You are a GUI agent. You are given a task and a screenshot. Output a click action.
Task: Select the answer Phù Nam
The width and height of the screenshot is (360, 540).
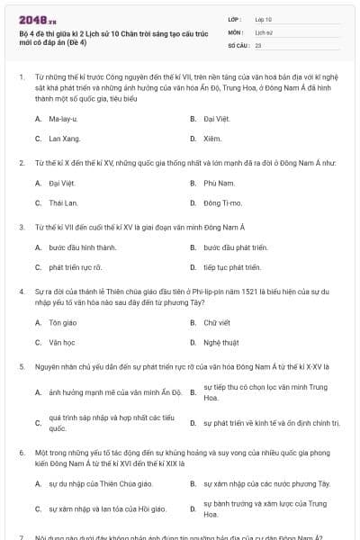(215, 183)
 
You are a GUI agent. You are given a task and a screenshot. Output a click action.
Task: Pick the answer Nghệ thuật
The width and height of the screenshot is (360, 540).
(220, 342)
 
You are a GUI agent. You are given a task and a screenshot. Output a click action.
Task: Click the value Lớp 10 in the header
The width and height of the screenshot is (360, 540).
(263, 18)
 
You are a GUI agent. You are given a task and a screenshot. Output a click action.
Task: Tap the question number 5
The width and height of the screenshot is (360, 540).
(21, 366)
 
